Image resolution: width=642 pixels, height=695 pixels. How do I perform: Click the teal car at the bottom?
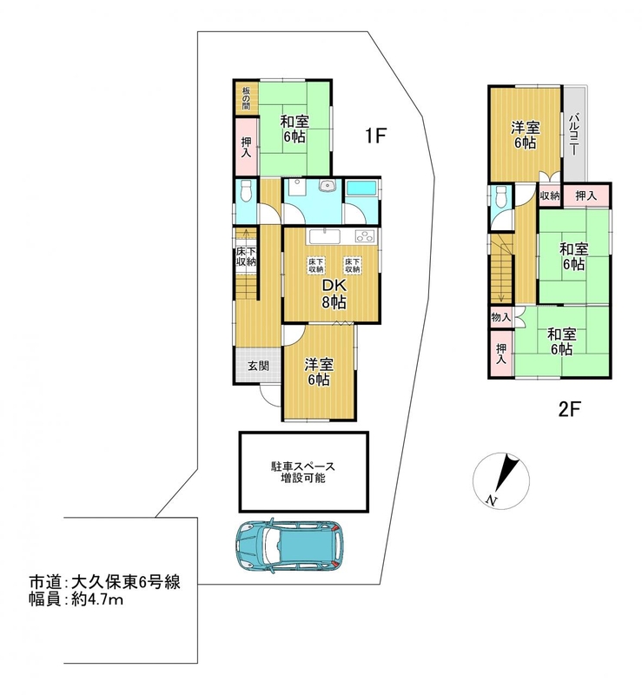290,546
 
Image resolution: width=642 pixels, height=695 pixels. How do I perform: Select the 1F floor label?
376,136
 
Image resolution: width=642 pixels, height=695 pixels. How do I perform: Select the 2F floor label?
569,408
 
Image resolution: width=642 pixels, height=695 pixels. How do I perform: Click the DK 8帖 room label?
334,295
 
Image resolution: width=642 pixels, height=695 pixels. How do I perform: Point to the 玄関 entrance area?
258,366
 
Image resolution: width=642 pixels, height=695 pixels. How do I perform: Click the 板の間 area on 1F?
246,98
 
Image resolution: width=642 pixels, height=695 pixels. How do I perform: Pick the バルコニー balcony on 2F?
574,134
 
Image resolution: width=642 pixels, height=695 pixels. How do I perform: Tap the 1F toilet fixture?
246,191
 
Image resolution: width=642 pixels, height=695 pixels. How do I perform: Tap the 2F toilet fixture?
501,196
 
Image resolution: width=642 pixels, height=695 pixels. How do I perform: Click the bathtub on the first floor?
361,188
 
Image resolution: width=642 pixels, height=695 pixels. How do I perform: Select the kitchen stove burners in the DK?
365,236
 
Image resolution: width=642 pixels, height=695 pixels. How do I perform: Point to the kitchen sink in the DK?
325,236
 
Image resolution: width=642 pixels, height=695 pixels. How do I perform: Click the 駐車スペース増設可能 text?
303,472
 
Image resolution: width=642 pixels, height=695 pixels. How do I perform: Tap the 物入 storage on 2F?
501,317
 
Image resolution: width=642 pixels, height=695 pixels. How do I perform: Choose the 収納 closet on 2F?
550,195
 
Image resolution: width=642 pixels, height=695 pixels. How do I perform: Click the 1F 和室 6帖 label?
295,129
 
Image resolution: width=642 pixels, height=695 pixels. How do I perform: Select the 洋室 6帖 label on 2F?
525,136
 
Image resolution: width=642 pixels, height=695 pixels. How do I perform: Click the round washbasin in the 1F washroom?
328,186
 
